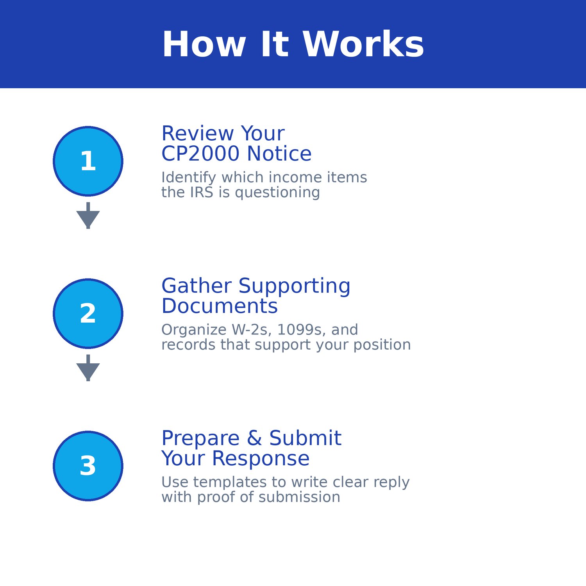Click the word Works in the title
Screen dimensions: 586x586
click(363, 45)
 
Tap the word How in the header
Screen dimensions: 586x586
click(204, 45)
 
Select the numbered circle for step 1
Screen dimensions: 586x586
click(88, 161)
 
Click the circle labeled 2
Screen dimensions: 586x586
click(88, 313)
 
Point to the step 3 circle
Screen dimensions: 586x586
click(88, 466)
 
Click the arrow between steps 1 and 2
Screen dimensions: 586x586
click(88, 216)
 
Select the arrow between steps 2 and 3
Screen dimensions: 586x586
click(88, 368)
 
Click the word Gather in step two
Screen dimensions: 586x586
click(197, 286)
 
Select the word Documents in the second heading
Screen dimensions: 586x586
click(220, 306)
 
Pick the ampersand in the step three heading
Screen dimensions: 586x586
click(254, 438)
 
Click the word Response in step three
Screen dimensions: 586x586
click(261, 458)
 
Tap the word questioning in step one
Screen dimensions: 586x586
click(277, 192)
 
